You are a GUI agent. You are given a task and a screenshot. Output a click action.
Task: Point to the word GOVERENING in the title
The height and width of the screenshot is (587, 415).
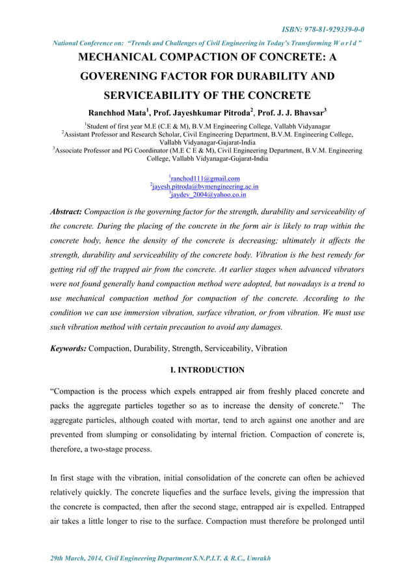coord(124,77)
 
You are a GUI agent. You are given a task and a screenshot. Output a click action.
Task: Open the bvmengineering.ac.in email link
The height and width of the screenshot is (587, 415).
coord(206,186)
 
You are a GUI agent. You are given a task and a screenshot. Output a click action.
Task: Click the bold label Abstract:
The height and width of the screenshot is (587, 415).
coord(66,212)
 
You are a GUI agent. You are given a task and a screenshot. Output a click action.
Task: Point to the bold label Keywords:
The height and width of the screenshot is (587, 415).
coord(68,348)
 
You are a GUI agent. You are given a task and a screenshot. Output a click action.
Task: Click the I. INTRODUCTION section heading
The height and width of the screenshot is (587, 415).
coord(207,370)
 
